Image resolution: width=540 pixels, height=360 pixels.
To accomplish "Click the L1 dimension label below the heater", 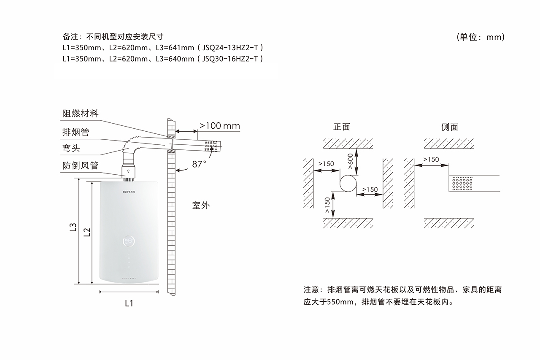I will click(x=129, y=303).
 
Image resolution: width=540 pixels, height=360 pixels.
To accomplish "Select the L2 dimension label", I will click(x=87, y=232).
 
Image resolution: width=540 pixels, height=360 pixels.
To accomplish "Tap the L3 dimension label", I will click(x=73, y=228).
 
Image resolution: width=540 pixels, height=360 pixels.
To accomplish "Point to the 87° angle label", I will click(x=199, y=164).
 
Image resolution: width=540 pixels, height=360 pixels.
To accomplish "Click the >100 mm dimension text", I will click(x=219, y=126).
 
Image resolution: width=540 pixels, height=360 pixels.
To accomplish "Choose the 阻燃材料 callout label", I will click(x=80, y=114).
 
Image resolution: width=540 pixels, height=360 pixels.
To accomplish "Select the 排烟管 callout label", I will click(x=76, y=132).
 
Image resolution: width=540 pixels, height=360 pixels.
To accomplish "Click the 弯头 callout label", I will click(x=71, y=149).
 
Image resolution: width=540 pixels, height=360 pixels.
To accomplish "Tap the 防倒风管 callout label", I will click(x=80, y=165).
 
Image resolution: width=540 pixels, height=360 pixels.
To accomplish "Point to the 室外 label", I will click(x=200, y=206).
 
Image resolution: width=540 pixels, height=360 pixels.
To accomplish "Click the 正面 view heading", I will click(x=342, y=127).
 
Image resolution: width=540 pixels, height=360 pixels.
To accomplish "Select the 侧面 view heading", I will click(x=449, y=127).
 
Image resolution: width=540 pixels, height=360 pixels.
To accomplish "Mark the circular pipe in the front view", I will click(x=348, y=184).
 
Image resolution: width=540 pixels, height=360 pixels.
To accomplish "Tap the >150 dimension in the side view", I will click(x=430, y=160).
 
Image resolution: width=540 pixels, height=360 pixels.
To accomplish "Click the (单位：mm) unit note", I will click(x=481, y=37).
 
